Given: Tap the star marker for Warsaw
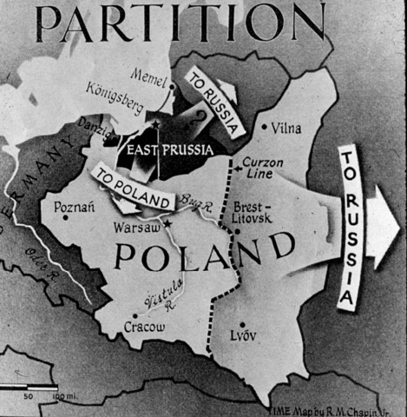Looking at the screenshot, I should click(167, 223).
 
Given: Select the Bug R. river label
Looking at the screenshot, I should click(200, 202).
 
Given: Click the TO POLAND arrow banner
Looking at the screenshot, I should click(129, 187).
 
